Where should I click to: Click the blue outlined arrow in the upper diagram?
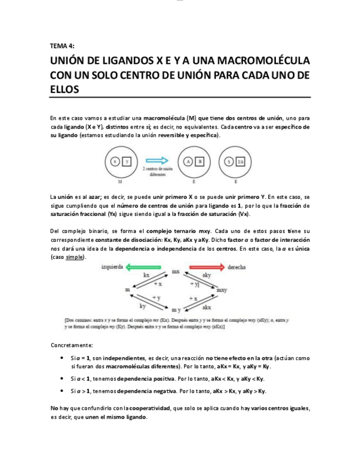coord(157,160)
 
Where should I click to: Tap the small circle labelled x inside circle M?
coord(114,161)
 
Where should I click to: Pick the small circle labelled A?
coord(188,161)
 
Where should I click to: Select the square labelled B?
coord(200,161)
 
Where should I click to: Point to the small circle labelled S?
coord(229,161)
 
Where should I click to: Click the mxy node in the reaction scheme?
coord(222,290)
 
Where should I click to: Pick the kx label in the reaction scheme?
coord(146,274)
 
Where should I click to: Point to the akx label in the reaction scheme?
coord(207,307)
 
